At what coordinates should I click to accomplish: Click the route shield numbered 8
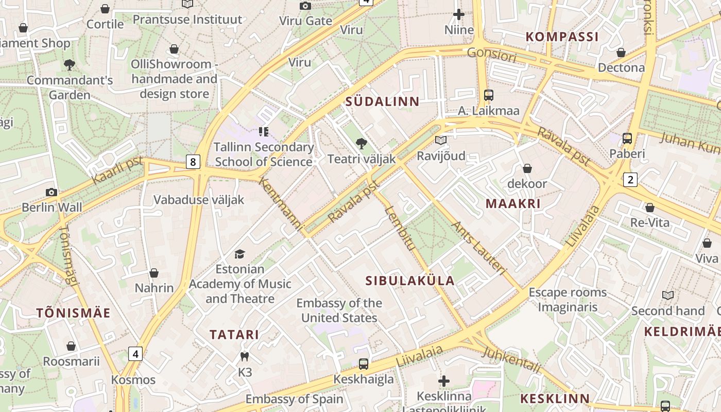(193, 162)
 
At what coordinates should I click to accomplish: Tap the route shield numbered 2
(630, 179)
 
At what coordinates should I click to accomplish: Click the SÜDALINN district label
(383, 101)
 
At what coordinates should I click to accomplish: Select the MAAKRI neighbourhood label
(513, 203)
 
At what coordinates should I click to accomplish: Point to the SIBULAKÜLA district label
(410, 281)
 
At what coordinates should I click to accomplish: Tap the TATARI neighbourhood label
(234, 335)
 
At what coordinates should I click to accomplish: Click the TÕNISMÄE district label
(74, 313)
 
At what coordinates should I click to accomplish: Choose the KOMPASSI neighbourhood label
(562, 37)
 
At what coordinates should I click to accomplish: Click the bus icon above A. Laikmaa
(488, 95)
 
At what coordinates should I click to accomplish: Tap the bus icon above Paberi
(627, 138)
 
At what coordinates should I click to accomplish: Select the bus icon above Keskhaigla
(364, 364)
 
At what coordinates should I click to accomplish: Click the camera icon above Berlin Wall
(51, 192)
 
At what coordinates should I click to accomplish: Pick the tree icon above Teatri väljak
(362, 144)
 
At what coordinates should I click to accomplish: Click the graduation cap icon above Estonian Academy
(239, 254)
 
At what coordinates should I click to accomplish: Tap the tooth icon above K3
(245, 356)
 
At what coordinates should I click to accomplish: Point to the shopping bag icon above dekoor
(527, 168)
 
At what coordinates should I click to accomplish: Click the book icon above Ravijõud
(440, 140)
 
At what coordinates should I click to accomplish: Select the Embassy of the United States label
(339, 311)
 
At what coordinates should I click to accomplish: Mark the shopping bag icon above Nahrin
(154, 272)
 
